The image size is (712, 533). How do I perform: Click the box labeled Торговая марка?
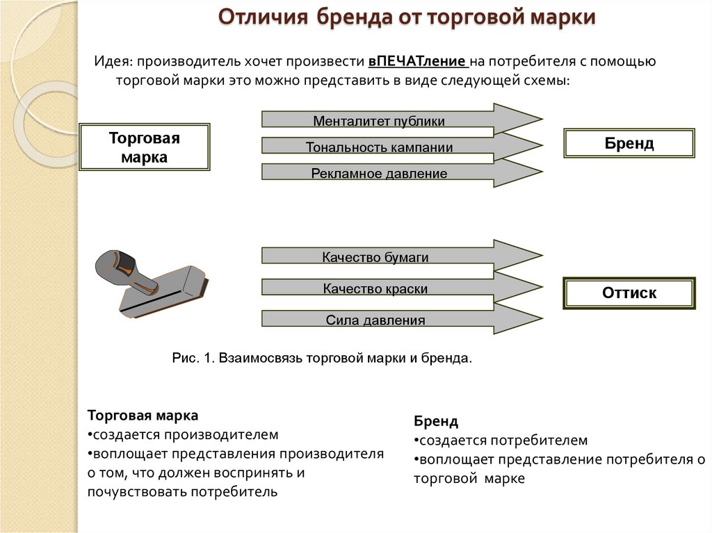[145, 147]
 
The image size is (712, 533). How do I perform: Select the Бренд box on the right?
[629, 143]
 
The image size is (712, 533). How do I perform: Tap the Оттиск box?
[629, 293]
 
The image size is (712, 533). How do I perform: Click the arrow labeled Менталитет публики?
[379, 121]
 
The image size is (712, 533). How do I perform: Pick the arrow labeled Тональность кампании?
[379, 147]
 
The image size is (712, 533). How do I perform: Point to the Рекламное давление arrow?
[379, 173]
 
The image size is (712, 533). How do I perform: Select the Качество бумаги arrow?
[375, 257]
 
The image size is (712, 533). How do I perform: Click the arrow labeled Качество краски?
[375, 288]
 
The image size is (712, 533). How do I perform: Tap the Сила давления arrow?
[375, 320]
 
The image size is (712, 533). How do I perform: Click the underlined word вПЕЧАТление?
[421, 61]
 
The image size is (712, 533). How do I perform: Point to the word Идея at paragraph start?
[111, 61]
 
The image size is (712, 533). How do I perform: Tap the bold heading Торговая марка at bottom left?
[143, 416]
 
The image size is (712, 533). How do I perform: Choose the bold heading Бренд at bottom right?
[436, 421]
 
